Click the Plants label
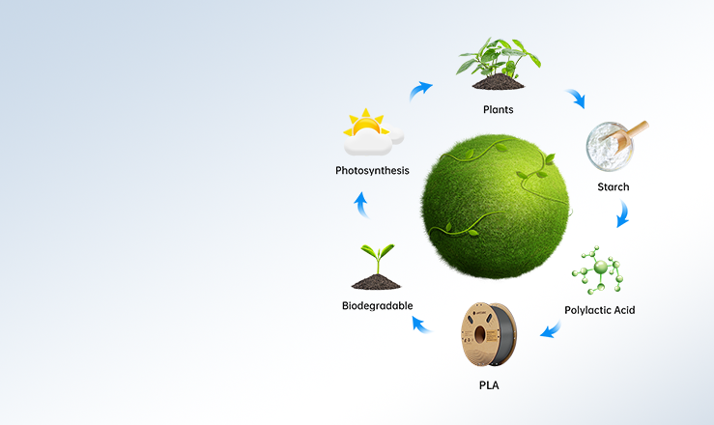coord(499,110)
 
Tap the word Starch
coord(614,187)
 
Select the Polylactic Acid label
coord(600,310)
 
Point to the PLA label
coord(489,385)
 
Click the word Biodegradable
coord(378,306)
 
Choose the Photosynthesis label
coord(373,171)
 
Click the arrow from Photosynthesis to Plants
coord(420,91)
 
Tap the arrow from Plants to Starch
coord(575,99)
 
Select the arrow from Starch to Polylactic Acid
coord(623,213)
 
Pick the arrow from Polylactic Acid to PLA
coord(551,329)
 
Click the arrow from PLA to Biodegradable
coord(422,325)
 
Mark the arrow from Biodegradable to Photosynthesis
coord(361,205)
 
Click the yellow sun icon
coord(366,123)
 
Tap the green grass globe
coord(496,206)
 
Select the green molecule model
coord(598,270)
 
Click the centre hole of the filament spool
coord(480,335)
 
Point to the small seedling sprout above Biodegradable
coord(378,258)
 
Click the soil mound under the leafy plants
coord(499,82)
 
